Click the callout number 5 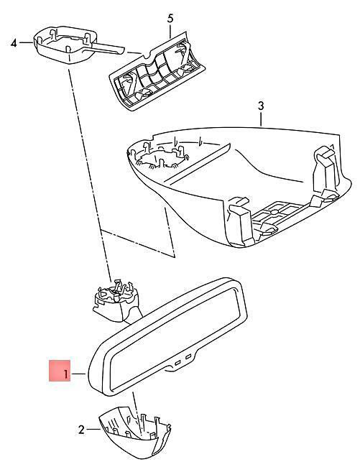coord(170,18)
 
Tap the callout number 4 coord(14,44)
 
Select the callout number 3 coord(261,106)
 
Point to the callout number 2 coord(81,430)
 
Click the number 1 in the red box coord(65,374)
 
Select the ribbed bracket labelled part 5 coord(157,71)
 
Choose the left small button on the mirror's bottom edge coord(178,363)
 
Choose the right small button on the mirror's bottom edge coord(188,356)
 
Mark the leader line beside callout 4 coord(26,42)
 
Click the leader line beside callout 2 coord(93,429)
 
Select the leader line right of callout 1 coord(79,374)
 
